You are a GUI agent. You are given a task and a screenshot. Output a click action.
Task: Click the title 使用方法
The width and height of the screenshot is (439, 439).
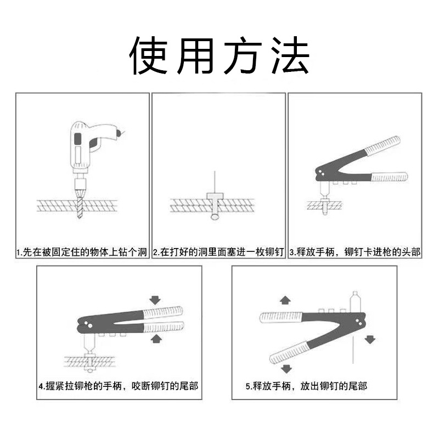point(219,57)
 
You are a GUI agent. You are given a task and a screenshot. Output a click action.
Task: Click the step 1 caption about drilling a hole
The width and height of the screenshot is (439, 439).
point(82,252)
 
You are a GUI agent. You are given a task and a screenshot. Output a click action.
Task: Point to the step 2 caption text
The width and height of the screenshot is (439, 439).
point(218,252)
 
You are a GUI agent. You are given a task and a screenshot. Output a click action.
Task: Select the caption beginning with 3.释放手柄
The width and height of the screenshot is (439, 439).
point(355,252)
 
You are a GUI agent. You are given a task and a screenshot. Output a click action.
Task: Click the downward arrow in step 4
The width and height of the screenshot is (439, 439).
point(155,300)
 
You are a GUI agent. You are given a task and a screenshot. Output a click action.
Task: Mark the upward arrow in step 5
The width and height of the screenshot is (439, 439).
point(285,300)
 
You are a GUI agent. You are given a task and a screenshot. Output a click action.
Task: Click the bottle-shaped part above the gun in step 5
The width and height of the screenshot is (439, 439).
point(354,301)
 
